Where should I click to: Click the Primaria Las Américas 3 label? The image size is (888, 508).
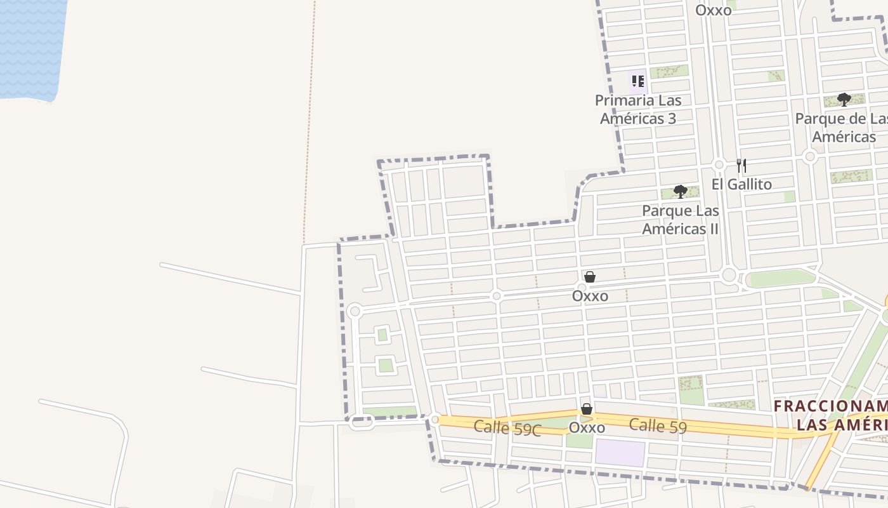pos(638,109)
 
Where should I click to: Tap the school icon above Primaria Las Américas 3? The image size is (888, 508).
pos(637,81)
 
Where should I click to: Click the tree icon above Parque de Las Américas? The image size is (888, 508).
pos(844,100)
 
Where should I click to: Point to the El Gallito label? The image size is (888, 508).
pos(741,184)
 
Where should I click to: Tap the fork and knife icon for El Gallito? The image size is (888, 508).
pos(741,166)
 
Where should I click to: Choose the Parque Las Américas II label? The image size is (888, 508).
pos(681,219)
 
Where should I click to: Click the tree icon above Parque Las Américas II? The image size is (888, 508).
pos(681,191)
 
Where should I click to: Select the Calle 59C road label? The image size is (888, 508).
pos(507,428)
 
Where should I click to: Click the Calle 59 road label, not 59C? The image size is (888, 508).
pos(658,425)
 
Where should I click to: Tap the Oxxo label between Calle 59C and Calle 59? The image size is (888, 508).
pos(587,427)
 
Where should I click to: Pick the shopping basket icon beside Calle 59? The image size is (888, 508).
pos(587,410)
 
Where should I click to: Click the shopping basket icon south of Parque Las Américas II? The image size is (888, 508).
pos(590,277)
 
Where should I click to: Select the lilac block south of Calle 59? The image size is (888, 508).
pos(620,452)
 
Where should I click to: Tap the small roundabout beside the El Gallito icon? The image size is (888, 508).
pos(719,164)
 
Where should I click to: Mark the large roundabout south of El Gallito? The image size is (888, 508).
pos(729,276)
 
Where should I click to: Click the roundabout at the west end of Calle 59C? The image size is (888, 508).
pos(434,419)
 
